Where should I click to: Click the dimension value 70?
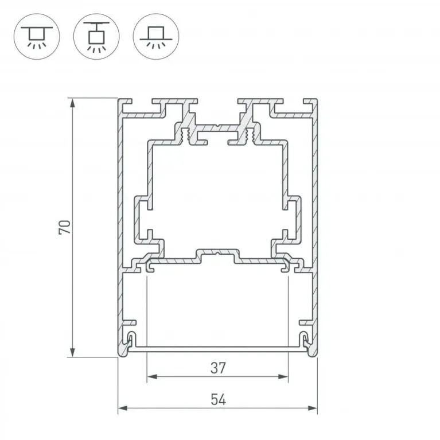coord(64,227)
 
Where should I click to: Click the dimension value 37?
coord(218,368)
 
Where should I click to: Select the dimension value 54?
coord(218,400)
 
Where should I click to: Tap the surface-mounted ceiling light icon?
coord(37,37)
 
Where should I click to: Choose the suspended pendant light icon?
coord(96,37)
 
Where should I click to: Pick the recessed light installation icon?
coord(156,37)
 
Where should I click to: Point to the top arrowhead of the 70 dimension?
coord(73,103)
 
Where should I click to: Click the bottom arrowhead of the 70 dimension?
coord(73,353)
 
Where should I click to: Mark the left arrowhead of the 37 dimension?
coord(151,376)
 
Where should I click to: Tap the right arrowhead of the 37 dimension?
coord(284,376)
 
